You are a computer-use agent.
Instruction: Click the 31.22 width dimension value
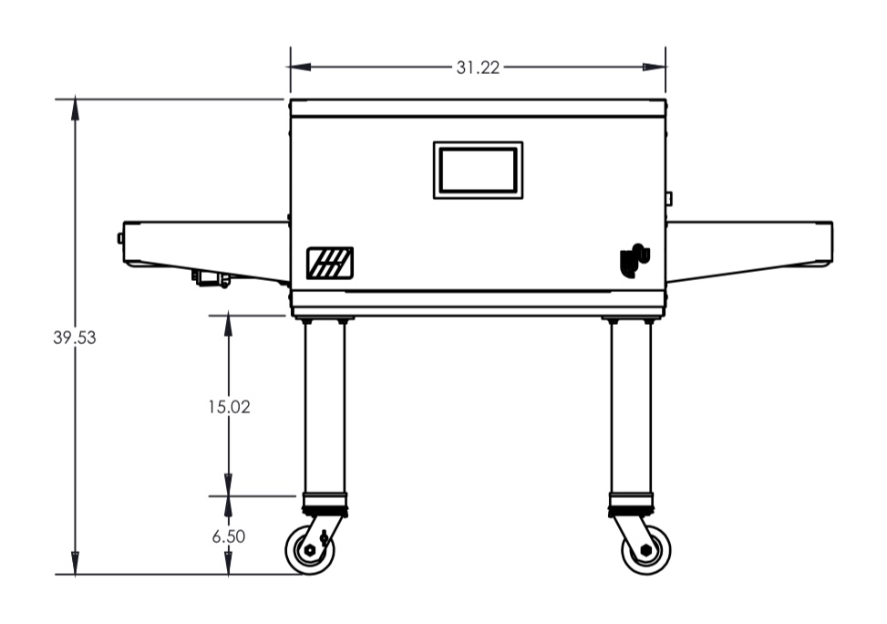point(478,68)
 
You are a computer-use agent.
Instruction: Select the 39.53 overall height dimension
point(75,338)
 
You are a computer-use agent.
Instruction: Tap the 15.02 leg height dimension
point(229,407)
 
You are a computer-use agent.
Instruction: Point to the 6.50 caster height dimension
point(229,536)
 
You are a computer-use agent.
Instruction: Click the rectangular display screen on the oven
point(478,171)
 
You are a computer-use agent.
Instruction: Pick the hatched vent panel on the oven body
point(330,264)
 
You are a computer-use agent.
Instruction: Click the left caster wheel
point(309,550)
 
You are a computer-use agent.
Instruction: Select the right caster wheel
point(646,550)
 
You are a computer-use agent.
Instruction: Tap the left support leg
point(325,408)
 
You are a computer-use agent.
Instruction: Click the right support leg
point(632,408)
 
